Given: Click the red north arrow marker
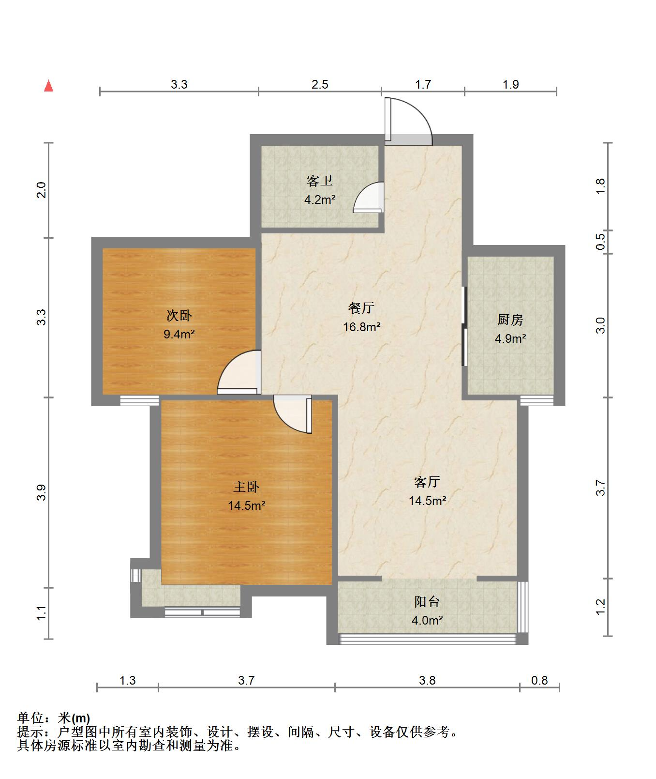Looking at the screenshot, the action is pyautogui.click(x=48, y=86).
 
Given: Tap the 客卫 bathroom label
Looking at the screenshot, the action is pyautogui.click(x=320, y=181).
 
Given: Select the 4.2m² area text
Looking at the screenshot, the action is pyautogui.click(x=320, y=199).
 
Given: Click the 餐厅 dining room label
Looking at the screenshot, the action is pyautogui.click(x=361, y=308).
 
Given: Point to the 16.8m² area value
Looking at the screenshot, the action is pyautogui.click(x=361, y=327).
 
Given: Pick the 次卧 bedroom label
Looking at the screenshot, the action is pyautogui.click(x=179, y=316).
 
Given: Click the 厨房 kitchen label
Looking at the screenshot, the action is pyautogui.click(x=510, y=320).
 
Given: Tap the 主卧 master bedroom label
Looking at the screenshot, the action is pyautogui.click(x=246, y=487).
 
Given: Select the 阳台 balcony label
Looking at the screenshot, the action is pyautogui.click(x=427, y=602).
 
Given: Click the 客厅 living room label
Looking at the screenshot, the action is pyautogui.click(x=427, y=482).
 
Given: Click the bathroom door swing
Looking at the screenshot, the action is pyautogui.click(x=369, y=198).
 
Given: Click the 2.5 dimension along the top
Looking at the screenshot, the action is pyautogui.click(x=320, y=85).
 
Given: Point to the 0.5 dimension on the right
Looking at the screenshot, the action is pyautogui.click(x=600, y=242).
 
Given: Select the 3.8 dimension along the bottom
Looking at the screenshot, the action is pyautogui.click(x=427, y=681).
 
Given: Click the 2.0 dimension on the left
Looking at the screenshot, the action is pyautogui.click(x=42, y=190).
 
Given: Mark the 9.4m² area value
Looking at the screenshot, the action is pyautogui.click(x=179, y=334).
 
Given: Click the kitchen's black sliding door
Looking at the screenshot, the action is pyautogui.click(x=464, y=326).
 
